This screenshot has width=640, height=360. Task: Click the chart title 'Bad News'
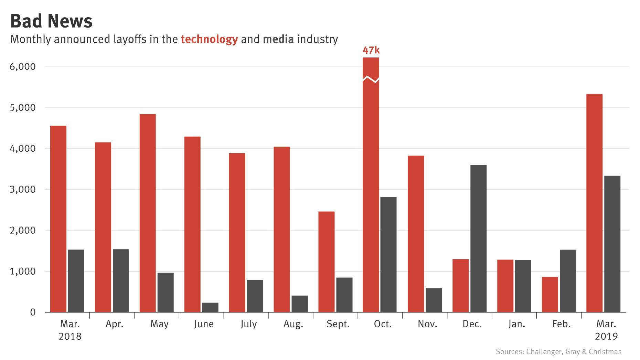(x=51, y=21)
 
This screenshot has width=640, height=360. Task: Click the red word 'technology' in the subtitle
(x=209, y=39)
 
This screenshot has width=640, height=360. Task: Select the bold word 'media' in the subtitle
(x=278, y=39)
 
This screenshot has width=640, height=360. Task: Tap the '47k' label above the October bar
(x=371, y=51)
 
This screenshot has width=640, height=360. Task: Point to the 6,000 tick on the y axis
(x=23, y=67)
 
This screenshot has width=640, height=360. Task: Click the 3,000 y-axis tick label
(x=23, y=190)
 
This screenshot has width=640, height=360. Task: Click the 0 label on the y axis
(x=33, y=313)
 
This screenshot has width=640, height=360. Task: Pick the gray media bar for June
(x=210, y=307)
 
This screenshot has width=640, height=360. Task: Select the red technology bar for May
(x=148, y=213)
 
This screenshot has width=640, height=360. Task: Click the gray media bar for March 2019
(x=612, y=244)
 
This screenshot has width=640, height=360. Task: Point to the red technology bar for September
(x=327, y=262)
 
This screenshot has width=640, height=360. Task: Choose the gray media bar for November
(x=434, y=300)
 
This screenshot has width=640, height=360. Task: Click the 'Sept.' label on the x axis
(x=338, y=324)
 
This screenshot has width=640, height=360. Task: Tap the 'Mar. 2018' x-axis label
(x=70, y=330)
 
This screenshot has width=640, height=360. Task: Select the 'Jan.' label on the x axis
(x=516, y=324)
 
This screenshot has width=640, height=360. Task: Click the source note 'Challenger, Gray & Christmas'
(x=574, y=352)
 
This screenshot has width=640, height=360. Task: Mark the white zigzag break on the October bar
(x=371, y=79)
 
